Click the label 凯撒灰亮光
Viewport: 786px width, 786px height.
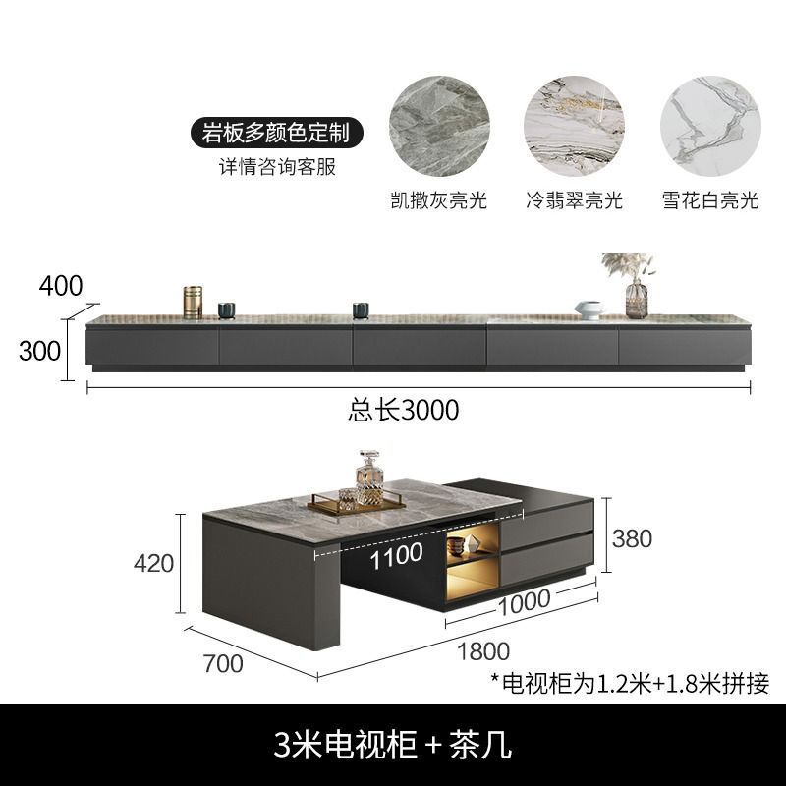pyautogui.click(x=438, y=200)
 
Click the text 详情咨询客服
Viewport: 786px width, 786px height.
pyautogui.click(x=277, y=166)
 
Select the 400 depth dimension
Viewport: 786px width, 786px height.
pyautogui.click(x=61, y=286)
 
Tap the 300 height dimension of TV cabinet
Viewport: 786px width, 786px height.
pyautogui.click(x=39, y=351)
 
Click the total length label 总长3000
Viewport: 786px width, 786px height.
pyautogui.click(x=404, y=410)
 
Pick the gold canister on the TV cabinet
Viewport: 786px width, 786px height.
pyautogui.click(x=193, y=302)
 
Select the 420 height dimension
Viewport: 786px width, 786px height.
pyautogui.click(x=153, y=563)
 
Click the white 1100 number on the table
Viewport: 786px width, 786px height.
pyautogui.click(x=397, y=553)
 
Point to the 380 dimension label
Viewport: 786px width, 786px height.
pyautogui.click(x=632, y=537)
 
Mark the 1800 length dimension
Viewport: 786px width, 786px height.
pyautogui.click(x=482, y=650)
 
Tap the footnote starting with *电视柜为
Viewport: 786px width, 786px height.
pyautogui.click(x=629, y=682)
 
